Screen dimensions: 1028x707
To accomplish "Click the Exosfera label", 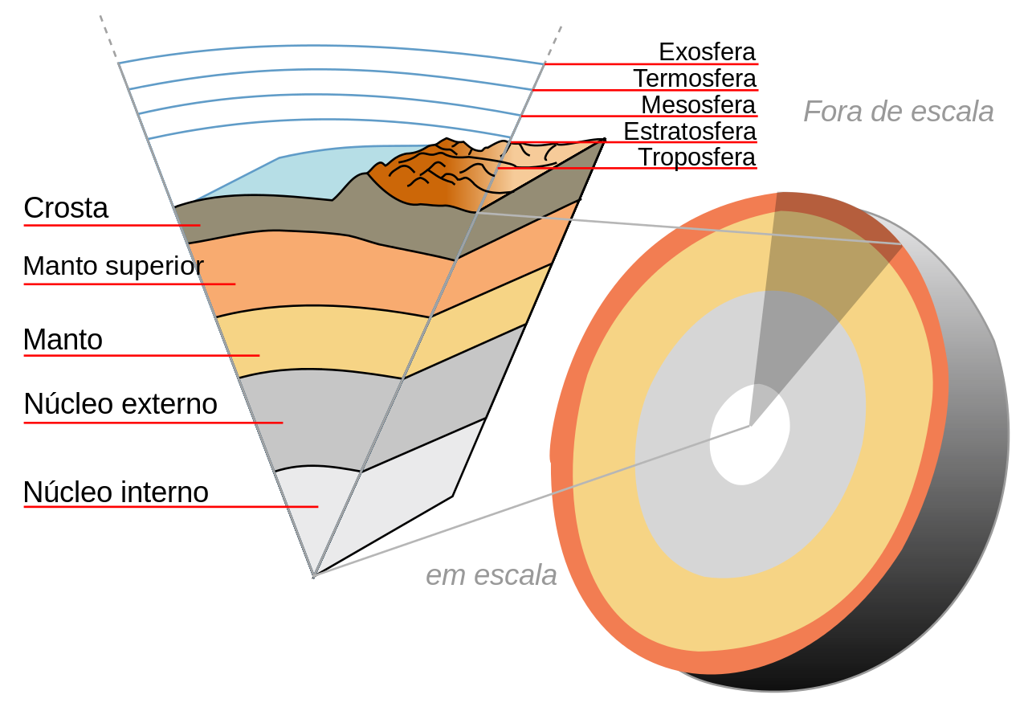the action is (x=707, y=52).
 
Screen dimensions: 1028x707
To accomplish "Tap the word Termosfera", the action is (x=695, y=79).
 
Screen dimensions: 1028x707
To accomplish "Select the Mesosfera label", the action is (x=698, y=105).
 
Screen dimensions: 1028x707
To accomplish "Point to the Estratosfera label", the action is (x=689, y=132).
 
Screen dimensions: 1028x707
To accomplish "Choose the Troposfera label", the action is (x=696, y=158).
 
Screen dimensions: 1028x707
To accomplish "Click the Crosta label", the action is (x=66, y=208).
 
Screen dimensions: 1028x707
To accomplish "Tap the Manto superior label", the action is (x=113, y=266).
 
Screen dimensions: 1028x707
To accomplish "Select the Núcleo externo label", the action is (x=120, y=404).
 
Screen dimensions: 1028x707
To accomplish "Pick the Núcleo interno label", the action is (x=116, y=492).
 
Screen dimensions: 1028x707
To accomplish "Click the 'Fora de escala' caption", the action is (x=898, y=112).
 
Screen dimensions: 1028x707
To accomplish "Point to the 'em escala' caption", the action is (x=491, y=574).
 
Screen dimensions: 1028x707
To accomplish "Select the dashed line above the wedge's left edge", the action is (x=108, y=38).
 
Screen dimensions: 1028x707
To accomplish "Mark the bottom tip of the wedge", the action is (x=314, y=576).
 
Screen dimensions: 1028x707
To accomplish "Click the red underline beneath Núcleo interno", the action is (x=171, y=507).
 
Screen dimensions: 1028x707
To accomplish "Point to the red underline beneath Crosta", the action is (x=112, y=226).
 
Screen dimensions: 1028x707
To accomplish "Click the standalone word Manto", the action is (x=63, y=340).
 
